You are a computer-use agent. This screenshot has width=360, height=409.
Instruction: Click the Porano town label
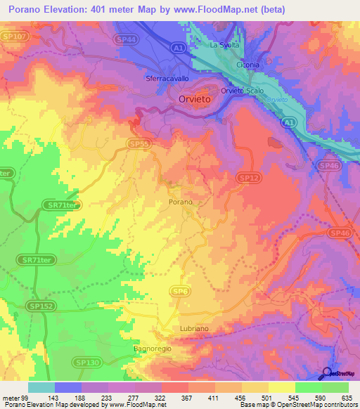pyautogui.click(x=181, y=202)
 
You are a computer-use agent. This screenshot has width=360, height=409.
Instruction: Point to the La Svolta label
pyautogui.click(x=225, y=45)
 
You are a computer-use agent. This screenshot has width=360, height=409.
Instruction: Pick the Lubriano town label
pyautogui.click(x=195, y=329)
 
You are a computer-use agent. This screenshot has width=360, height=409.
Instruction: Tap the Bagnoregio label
pyautogui.click(x=153, y=348)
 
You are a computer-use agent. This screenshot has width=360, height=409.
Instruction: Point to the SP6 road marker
pyautogui.click(x=181, y=291)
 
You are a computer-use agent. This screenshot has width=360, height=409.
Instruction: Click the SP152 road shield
pyautogui.click(x=41, y=306)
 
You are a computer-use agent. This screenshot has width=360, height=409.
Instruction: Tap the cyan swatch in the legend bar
pyautogui.click(x=41, y=387)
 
